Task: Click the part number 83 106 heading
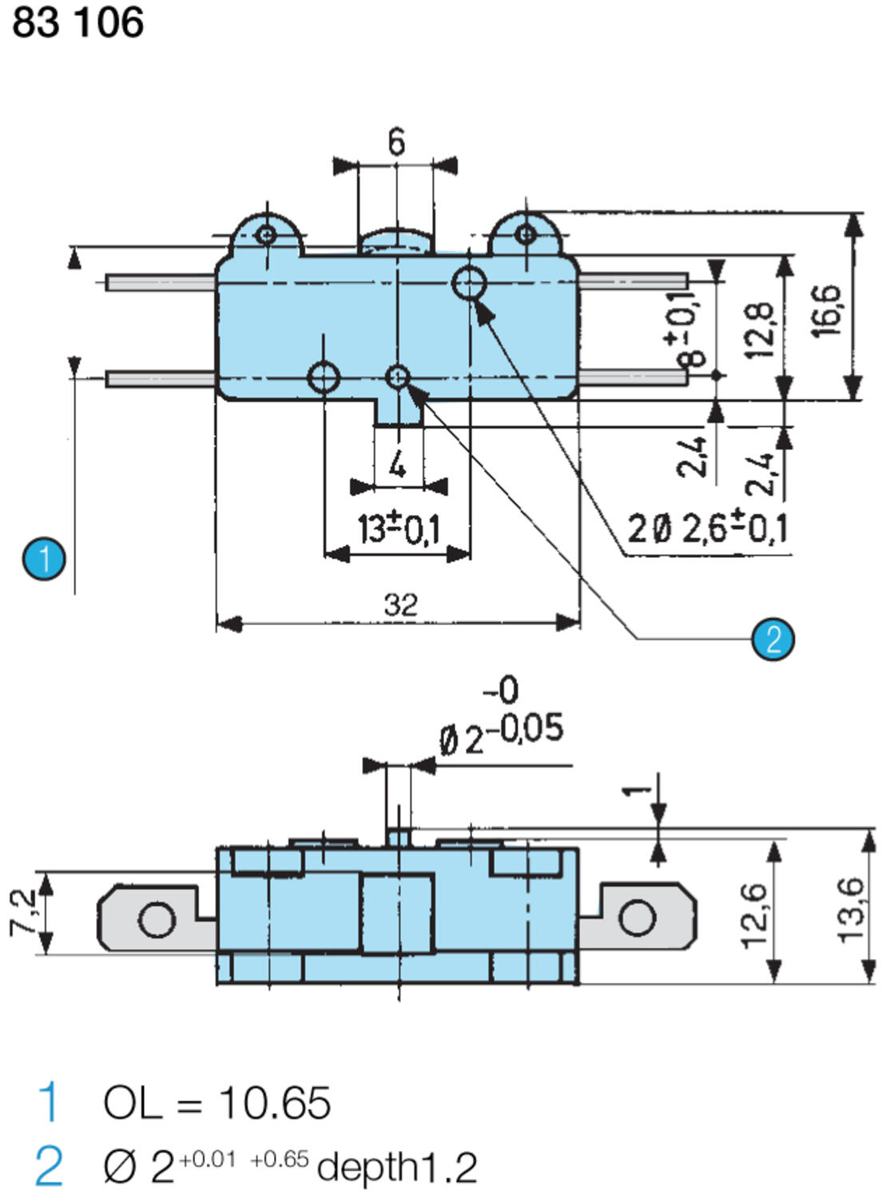point(77,22)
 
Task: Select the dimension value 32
point(400,603)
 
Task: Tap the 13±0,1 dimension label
point(398,528)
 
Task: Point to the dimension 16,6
point(828,310)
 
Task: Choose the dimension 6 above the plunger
point(396,142)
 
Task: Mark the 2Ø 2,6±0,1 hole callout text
point(708,528)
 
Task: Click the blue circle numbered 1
point(44,558)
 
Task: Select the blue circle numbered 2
point(773,639)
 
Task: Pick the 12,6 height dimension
point(755,914)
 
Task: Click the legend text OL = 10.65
point(217,1103)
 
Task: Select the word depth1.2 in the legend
point(397,1167)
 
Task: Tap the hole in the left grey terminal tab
point(157,919)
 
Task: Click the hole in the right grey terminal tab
point(637,917)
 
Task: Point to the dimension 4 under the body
point(397,463)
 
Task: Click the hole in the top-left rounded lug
point(267,235)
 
